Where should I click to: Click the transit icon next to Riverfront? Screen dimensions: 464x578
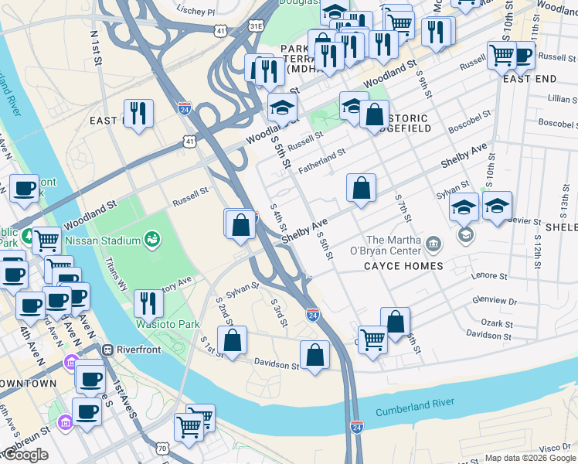tap(108, 350)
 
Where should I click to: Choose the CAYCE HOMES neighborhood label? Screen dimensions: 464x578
tap(404, 266)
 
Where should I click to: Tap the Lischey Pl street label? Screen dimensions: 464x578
tap(196, 12)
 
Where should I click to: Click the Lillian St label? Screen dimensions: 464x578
tap(557, 100)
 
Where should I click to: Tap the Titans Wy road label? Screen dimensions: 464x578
tap(121, 272)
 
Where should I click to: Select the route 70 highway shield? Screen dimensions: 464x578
tap(161, 448)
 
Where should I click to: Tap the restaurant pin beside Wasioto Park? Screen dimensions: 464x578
tap(149, 304)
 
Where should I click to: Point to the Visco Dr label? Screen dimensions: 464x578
tap(555, 448)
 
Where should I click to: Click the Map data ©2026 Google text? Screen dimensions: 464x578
tap(530, 458)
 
